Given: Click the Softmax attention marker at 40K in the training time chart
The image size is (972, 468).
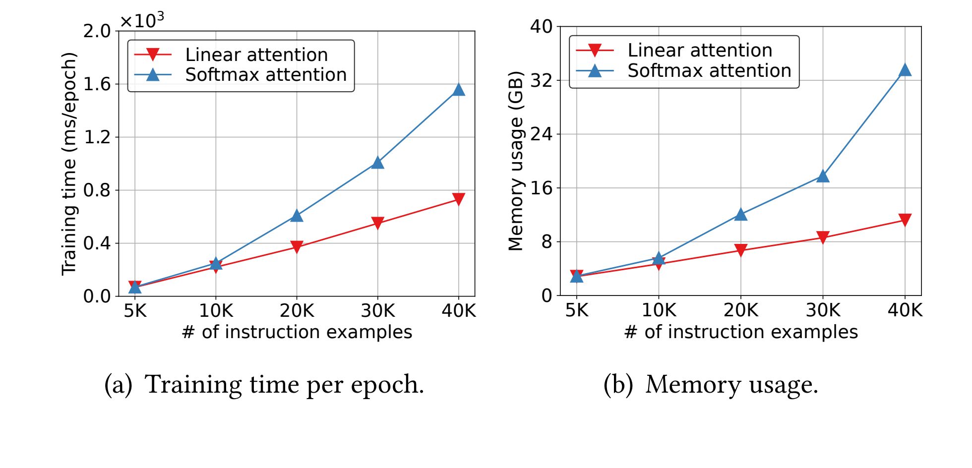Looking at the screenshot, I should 459,90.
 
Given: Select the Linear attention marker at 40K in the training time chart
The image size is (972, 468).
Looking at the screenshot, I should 459,199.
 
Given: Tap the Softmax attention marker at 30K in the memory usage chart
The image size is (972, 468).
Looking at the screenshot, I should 823,176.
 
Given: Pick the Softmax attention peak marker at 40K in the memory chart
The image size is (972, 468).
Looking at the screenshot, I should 905,70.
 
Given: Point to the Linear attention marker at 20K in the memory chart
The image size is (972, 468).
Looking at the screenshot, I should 741,250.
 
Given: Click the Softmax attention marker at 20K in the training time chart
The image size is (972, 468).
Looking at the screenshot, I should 297,216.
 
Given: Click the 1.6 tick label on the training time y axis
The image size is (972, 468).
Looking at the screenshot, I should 97,84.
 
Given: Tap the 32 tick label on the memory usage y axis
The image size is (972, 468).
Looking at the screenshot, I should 542,80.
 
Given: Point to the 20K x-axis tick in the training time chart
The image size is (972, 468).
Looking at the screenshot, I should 297,311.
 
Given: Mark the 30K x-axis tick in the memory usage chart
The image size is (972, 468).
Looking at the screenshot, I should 823,310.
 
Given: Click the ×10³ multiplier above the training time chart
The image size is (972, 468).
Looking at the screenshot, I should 142,20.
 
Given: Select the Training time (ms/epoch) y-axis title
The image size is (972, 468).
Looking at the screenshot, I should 69,164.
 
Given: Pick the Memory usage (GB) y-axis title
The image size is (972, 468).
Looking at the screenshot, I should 516,161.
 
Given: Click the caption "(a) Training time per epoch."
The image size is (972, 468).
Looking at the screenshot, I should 264,384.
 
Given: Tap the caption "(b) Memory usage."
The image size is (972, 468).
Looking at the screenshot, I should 710,384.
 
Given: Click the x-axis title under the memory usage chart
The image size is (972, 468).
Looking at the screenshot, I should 741,332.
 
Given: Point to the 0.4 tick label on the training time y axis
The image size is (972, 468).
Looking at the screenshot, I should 97,243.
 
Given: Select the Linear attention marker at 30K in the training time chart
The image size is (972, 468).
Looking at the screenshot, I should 377,223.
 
